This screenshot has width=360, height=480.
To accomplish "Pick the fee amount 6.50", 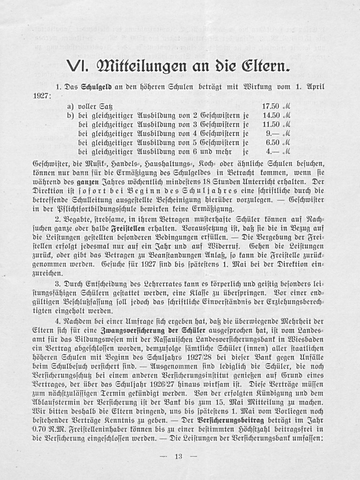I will tap(273, 142).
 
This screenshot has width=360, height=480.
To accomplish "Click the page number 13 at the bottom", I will tap(178, 457).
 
